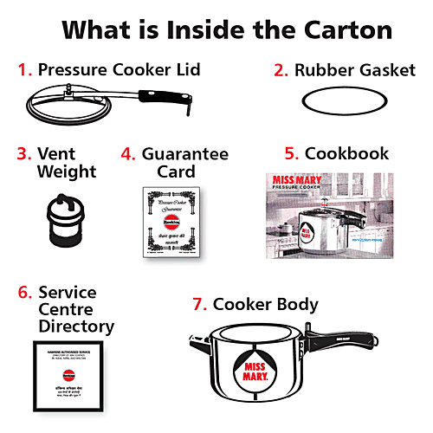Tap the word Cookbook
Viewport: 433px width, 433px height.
(347, 154)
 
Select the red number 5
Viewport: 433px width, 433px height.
(291, 154)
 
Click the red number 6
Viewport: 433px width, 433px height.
(24, 293)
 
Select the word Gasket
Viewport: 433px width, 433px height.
(385, 70)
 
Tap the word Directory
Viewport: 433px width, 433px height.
(75, 327)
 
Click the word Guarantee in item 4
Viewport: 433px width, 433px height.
(185, 154)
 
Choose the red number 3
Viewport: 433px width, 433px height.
(23, 154)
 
